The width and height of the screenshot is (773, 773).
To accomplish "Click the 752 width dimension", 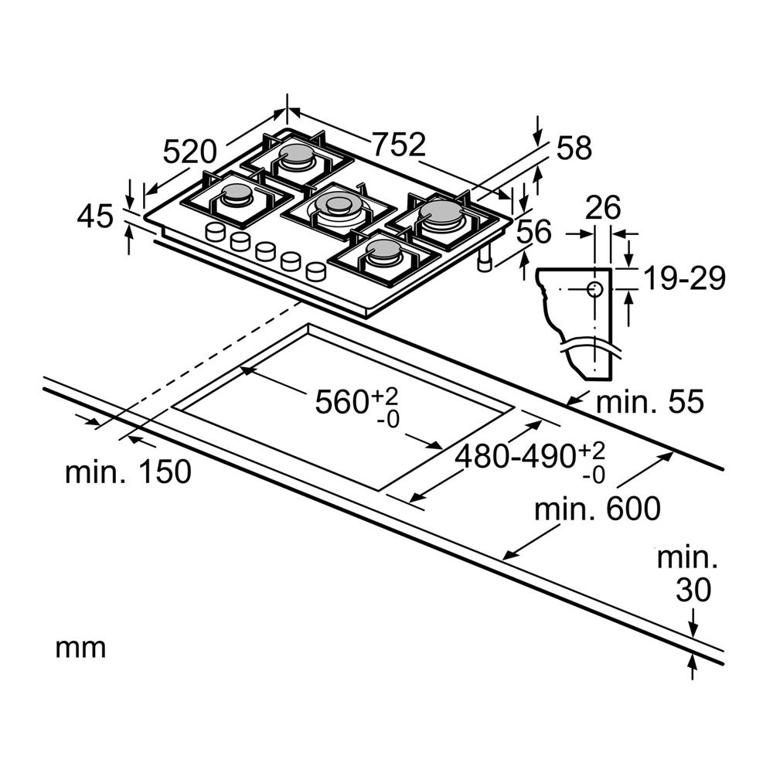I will point(398,144).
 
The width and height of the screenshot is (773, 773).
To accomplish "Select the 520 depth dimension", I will point(194,151).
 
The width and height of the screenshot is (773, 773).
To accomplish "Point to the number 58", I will point(574,148).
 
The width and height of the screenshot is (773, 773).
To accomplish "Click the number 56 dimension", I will point(533,232).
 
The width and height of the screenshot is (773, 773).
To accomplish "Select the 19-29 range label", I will point(685,278).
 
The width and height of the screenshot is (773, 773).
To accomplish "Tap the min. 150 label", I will point(128,472).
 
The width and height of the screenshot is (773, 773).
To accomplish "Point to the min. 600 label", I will point(598,508).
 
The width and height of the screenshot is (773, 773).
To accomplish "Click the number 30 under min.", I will point(693,590).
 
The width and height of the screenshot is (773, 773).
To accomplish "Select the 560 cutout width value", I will point(344,402).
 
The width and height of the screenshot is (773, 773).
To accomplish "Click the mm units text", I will point(80,648).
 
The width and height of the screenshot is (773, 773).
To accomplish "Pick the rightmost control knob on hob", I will point(315,271).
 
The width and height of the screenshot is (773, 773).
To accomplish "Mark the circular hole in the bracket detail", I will point(594,289).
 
